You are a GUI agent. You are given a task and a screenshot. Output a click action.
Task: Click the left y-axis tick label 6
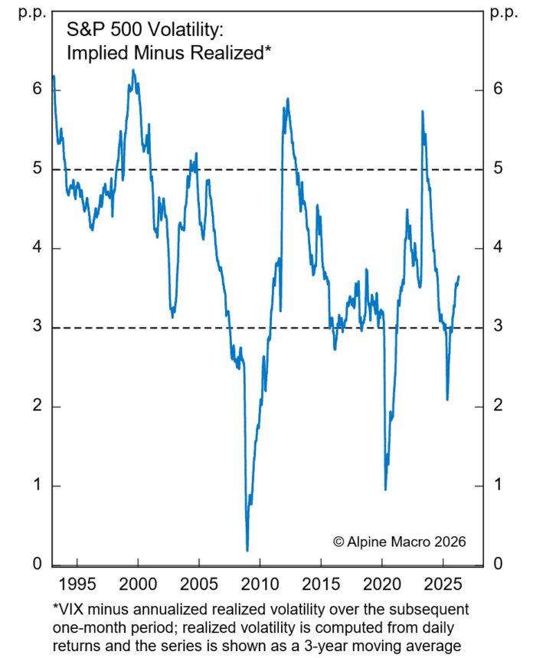pyautogui.click(x=34, y=90)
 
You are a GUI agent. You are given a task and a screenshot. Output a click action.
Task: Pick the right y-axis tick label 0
pyautogui.click(x=498, y=564)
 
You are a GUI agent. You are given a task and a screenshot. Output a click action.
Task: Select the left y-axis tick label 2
pyautogui.click(x=34, y=406)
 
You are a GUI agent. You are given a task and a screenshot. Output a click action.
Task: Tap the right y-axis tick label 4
pyautogui.click(x=498, y=248)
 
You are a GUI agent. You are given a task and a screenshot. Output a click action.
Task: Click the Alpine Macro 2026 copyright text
pyautogui.click(x=399, y=541)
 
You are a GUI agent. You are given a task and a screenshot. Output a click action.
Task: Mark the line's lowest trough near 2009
pyautogui.click(x=247, y=550)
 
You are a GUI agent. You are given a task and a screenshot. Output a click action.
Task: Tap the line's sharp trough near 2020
pyautogui.click(x=385, y=489)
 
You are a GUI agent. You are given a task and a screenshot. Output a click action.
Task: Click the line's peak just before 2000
pyautogui.click(x=132, y=70)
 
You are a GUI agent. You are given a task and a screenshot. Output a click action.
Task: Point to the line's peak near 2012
pyautogui.click(x=287, y=99)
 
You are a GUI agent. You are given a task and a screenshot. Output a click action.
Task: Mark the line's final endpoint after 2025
pyautogui.click(x=459, y=277)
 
